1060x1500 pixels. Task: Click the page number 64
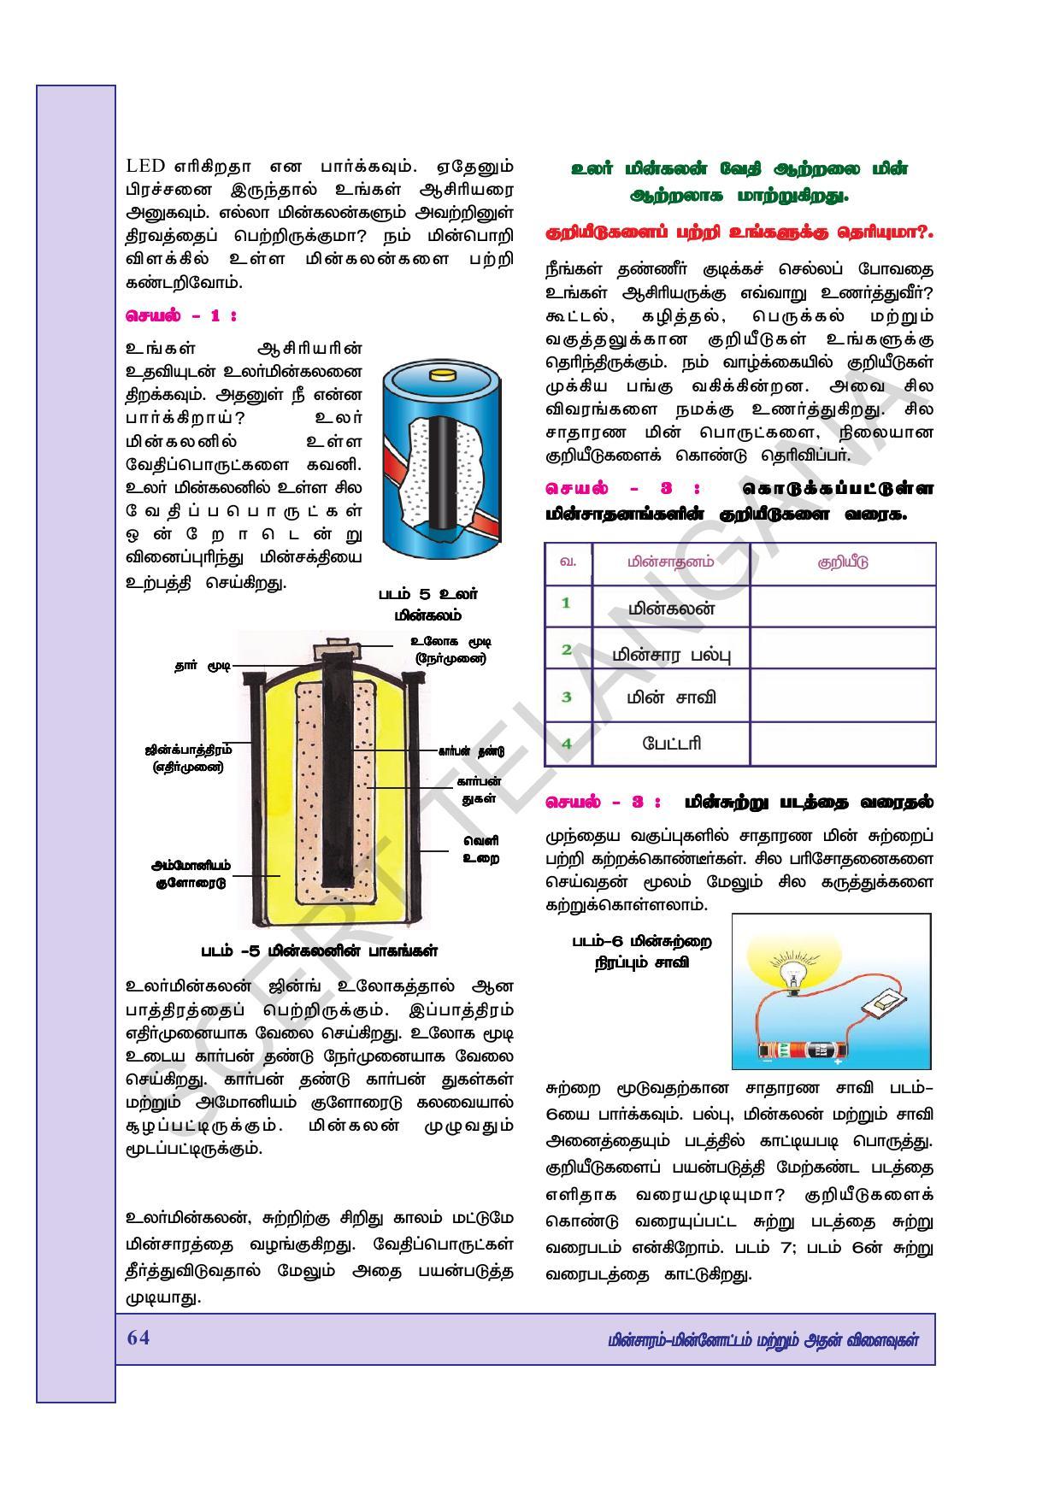tap(138, 1338)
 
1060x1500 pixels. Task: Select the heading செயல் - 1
tap(180, 315)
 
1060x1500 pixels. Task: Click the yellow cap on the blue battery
tap(444, 374)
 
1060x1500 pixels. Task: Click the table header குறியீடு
tap(842, 563)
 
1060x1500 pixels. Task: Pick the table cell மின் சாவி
tap(671, 697)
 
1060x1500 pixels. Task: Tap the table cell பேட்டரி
tap(671, 743)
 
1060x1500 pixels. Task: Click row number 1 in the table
tap(566, 603)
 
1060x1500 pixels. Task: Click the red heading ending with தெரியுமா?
tap(739, 232)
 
